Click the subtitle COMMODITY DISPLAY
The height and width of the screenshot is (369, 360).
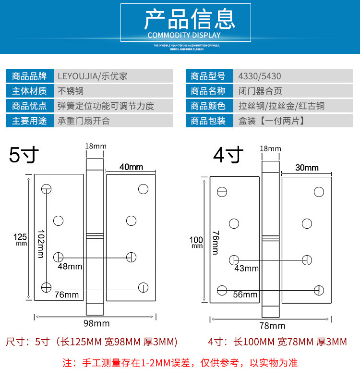click(x=184, y=35)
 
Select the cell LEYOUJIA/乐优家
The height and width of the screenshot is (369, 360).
click(x=93, y=76)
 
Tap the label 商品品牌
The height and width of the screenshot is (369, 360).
click(x=29, y=76)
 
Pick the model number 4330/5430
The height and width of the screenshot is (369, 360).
click(x=260, y=76)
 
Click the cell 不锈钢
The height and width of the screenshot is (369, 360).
click(x=71, y=91)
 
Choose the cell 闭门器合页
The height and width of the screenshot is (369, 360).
click(x=260, y=91)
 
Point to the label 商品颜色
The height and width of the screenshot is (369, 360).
click(x=208, y=106)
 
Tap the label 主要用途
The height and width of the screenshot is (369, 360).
click(x=29, y=121)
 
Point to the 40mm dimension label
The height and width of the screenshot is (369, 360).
click(x=131, y=167)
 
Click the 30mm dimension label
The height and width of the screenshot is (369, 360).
click(x=307, y=168)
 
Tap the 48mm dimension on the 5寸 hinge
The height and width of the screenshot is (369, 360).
click(x=70, y=266)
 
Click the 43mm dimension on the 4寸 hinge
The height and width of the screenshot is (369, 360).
click(x=246, y=269)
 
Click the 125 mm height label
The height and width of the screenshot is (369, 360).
click(x=21, y=239)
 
